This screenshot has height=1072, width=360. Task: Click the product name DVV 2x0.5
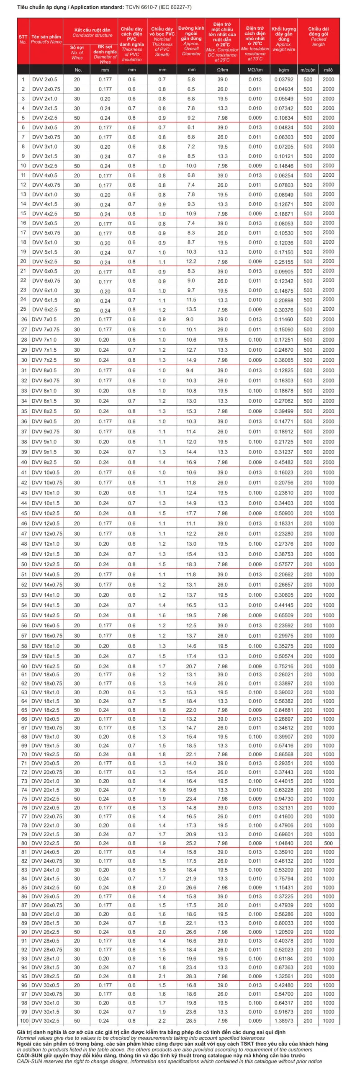coord(45,79)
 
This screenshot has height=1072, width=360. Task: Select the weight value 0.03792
coord(284,79)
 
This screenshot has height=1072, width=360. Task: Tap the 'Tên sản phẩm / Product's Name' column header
coord(46,39)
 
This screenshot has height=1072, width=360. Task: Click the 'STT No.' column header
coord(23,39)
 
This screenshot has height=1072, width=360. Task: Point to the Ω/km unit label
coord(222,70)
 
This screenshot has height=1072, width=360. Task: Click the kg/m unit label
coord(284,70)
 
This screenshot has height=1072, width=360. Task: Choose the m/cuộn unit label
coord(308,70)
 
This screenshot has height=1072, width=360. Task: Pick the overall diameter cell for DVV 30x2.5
coord(191,1020)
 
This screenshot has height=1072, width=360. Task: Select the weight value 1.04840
coord(284,843)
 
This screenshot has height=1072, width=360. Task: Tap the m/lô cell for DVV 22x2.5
coord(329,843)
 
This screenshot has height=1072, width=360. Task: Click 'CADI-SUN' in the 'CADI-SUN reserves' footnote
coord(28,1061)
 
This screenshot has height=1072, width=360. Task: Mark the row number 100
coord(24,1020)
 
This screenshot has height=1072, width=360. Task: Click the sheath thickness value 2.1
coord(162,976)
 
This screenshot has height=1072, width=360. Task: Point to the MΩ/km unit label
coord(255,70)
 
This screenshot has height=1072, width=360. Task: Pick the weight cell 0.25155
coord(284,262)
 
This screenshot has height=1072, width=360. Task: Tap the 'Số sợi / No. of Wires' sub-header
coord(77,53)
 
